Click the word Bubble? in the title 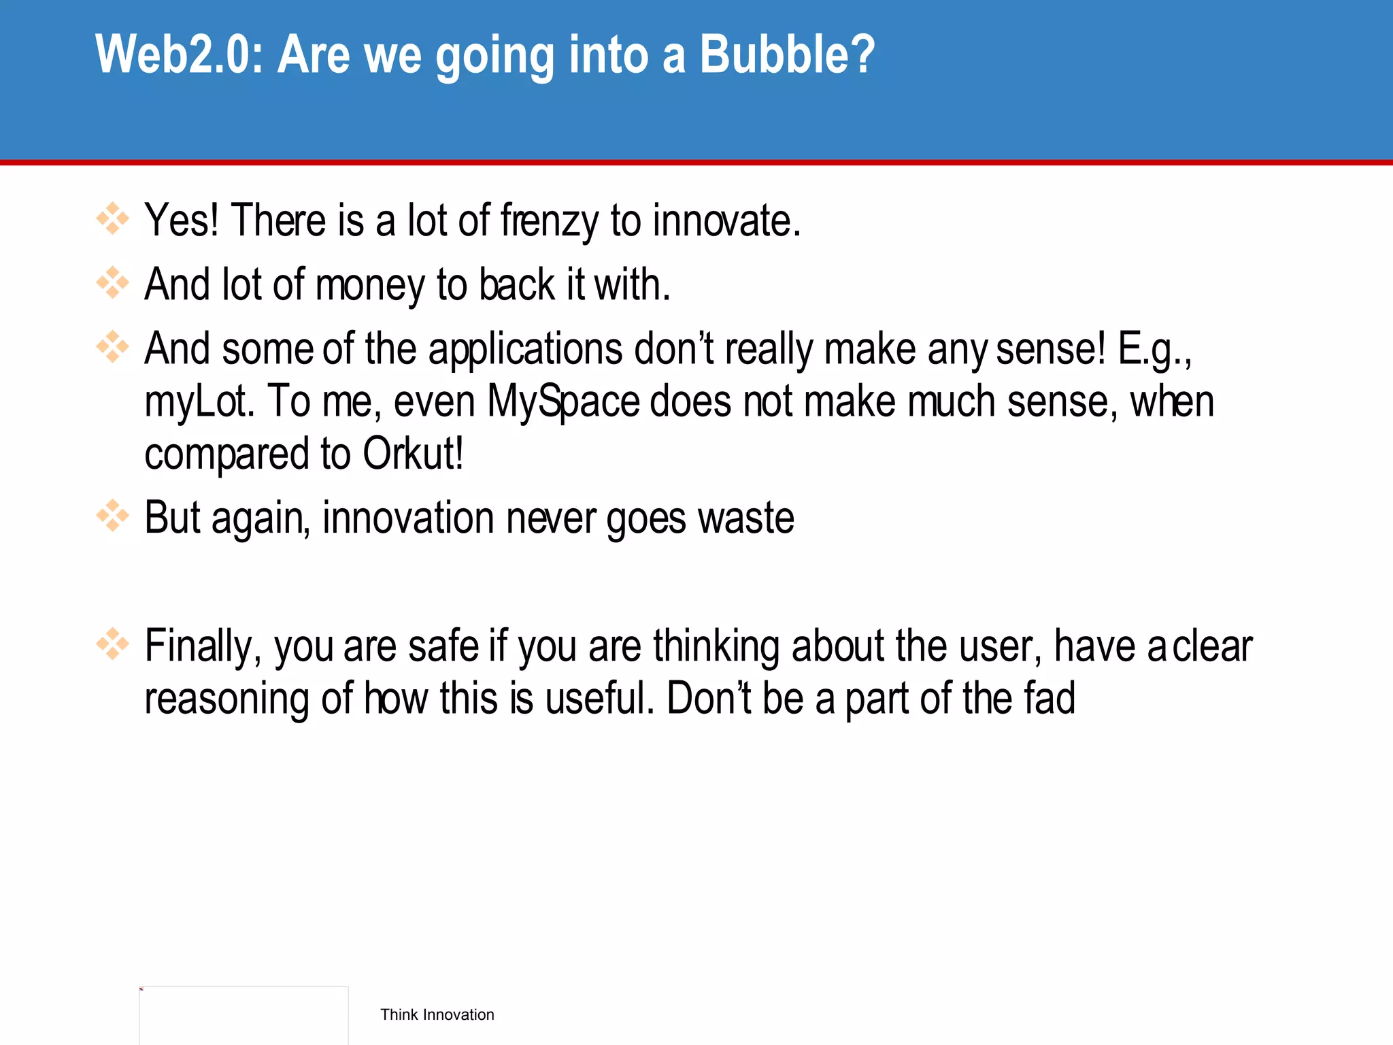[x=787, y=54]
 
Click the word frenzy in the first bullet [x=550, y=222]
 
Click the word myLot [x=199, y=402]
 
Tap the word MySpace [x=563, y=402]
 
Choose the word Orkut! [x=413, y=454]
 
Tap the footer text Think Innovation [x=437, y=1014]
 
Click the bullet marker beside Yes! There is [x=112, y=219]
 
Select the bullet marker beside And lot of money [x=112, y=283]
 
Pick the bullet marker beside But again [x=112, y=516]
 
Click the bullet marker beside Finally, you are [x=112, y=644]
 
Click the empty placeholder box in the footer [x=244, y=1015]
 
